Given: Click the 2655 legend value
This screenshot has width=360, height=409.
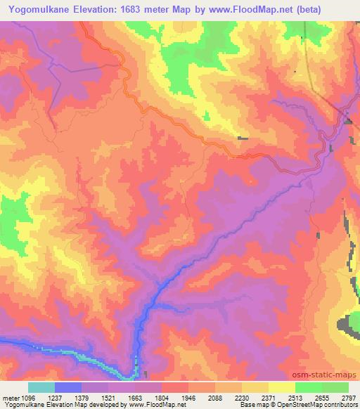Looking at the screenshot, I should [x=322, y=397].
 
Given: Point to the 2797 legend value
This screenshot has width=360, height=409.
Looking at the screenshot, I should [x=347, y=397].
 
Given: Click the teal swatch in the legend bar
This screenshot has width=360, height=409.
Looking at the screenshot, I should [x=41, y=387].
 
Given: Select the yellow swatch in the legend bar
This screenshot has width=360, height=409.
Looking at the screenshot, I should [x=282, y=387].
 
